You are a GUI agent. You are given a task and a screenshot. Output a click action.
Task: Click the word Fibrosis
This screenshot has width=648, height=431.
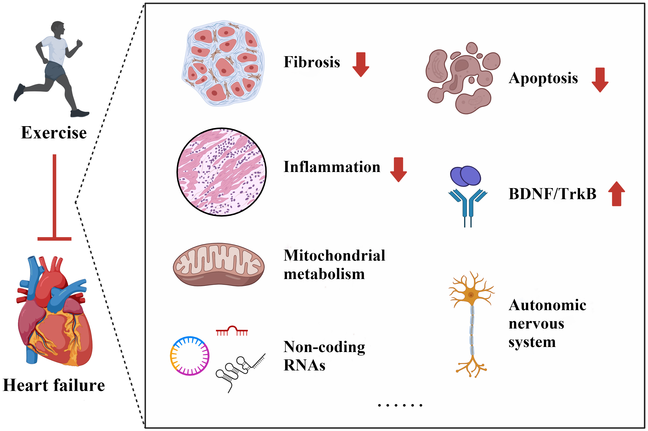click(312, 62)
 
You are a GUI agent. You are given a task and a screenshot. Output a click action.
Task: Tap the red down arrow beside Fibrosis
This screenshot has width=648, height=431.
click(360, 64)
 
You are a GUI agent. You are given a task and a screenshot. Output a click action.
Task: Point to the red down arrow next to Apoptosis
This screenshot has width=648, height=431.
click(600, 80)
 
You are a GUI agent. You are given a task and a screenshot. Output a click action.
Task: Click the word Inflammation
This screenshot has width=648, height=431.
click(332, 167)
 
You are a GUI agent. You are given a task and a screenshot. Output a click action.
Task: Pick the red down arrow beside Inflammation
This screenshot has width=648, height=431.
click(398, 169)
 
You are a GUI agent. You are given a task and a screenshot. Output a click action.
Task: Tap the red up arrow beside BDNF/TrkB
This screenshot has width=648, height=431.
click(616, 194)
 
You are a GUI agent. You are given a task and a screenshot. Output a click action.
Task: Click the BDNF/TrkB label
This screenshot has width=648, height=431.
click(552, 194)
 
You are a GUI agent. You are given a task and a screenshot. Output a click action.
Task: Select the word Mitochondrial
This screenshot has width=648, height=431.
click(334, 255)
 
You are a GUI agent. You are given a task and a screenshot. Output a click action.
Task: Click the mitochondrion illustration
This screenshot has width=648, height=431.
click(219, 265)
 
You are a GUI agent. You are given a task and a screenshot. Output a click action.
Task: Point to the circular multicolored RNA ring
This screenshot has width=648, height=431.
click(190, 356)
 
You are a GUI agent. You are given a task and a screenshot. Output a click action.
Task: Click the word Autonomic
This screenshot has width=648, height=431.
click(547, 305)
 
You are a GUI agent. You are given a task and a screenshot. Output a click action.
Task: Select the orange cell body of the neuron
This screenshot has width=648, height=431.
click(471, 295)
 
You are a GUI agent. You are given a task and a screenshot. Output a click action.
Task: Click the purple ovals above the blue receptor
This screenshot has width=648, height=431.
click(465, 176)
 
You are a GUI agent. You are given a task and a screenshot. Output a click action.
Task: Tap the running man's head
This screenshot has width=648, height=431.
click(58, 29)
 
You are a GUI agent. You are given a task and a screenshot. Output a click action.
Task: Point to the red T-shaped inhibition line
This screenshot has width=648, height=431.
click(54, 198)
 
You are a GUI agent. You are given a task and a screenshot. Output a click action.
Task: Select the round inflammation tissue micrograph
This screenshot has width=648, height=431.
click(221, 172)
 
